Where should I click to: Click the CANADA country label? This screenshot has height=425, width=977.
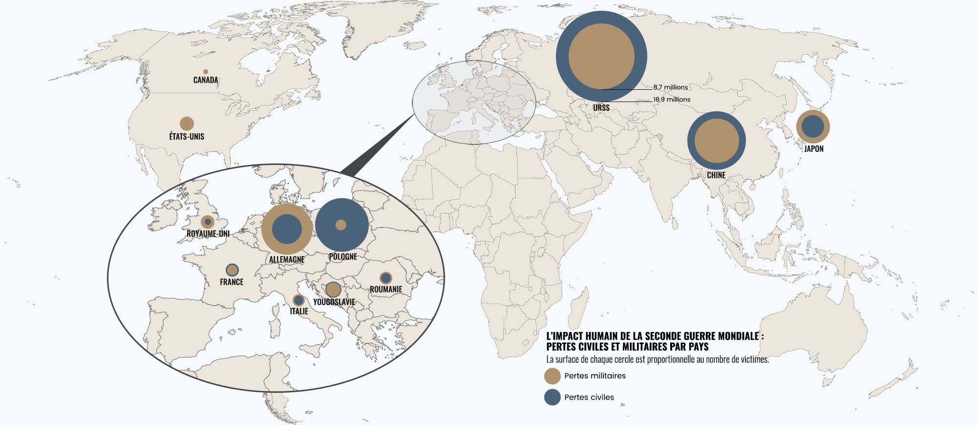[x=206, y=80]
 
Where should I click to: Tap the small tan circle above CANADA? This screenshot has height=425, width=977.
[x=206, y=72]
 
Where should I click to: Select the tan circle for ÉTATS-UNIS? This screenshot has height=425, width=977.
[x=187, y=123]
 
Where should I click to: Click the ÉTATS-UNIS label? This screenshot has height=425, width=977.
[x=187, y=137]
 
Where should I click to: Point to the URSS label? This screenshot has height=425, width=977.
[x=601, y=108]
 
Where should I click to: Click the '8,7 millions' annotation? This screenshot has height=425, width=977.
[x=670, y=87]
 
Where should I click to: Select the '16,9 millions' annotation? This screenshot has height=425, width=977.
[x=672, y=100]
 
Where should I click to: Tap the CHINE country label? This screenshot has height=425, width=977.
[x=716, y=175]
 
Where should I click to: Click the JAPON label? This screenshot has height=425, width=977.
[x=814, y=149]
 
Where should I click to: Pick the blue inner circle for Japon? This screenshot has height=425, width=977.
[x=813, y=126]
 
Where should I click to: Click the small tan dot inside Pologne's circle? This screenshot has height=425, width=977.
[x=341, y=225]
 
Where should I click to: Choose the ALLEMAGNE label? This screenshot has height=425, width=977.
[x=287, y=260]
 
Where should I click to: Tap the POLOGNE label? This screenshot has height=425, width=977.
[x=343, y=257]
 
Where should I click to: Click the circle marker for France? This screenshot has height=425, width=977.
[x=232, y=270]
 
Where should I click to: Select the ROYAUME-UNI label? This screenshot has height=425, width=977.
[x=208, y=234]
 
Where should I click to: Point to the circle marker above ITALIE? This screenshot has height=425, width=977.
[x=298, y=301]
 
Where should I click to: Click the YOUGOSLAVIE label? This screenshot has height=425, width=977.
[x=334, y=302]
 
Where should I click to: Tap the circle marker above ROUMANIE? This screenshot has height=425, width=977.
[x=386, y=278]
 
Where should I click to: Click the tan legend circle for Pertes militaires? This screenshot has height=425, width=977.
[x=552, y=376]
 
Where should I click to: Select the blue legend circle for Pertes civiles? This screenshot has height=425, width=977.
[x=552, y=397]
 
